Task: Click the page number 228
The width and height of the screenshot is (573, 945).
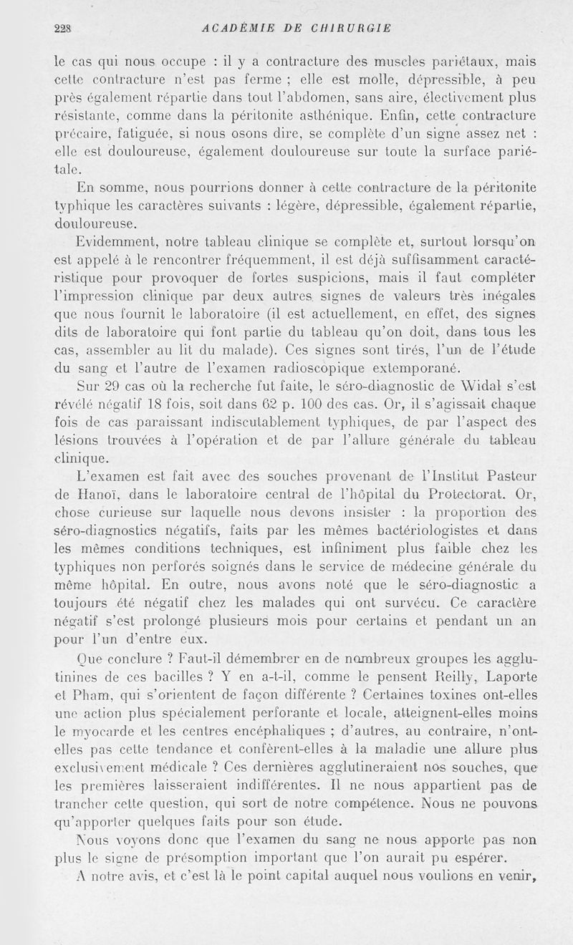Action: (66, 29)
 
